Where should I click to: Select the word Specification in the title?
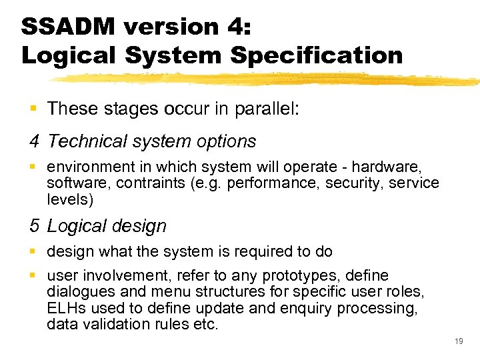click(x=317, y=55)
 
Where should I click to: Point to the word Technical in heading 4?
click(x=87, y=141)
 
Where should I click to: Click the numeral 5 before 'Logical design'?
click(x=35, y=226)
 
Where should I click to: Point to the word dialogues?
click(x=79, y=292)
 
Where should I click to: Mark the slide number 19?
click(x=458, y=341)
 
